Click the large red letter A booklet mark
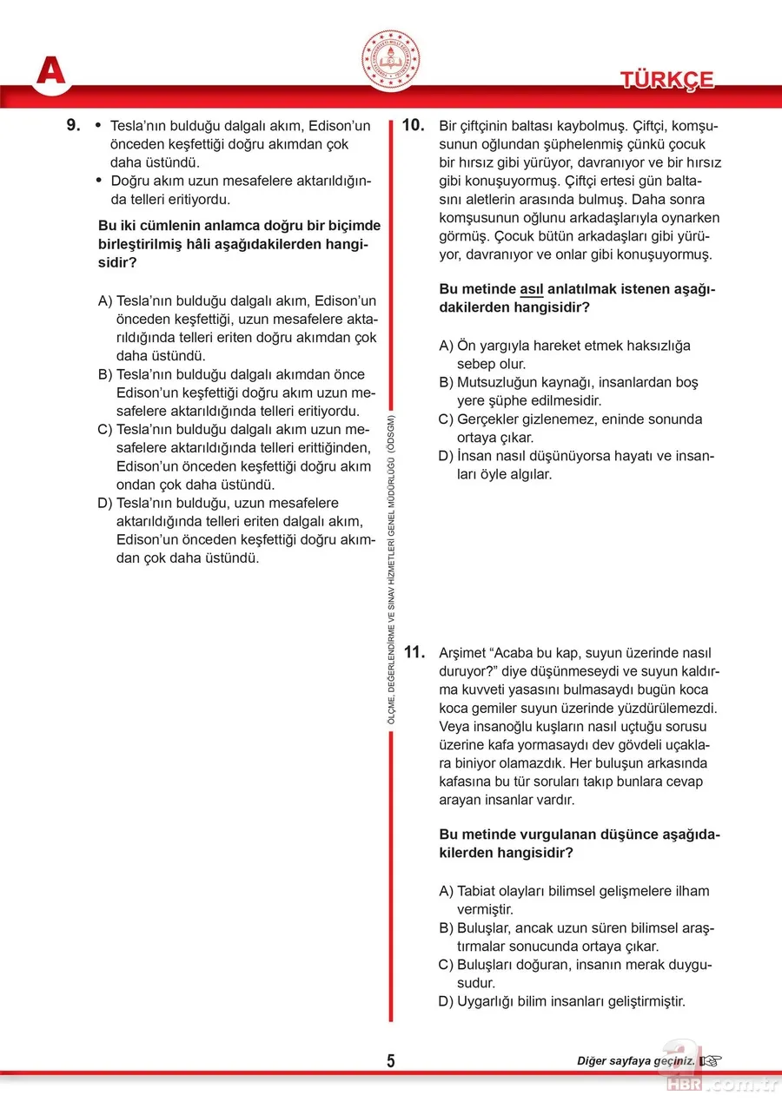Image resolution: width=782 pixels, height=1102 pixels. coord(50,70)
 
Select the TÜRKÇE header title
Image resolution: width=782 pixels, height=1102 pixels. coord(666,80)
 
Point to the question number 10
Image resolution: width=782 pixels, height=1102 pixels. coord(412,125)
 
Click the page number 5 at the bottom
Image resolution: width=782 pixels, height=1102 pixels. coord(391,1061)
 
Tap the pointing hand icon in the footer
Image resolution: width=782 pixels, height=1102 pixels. coord(712,1061)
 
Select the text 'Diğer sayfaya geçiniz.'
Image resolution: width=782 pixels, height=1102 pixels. coord(635,1061)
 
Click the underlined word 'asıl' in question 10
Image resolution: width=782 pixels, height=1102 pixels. coord(531,289)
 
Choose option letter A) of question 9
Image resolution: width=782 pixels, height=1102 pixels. coord(105,300)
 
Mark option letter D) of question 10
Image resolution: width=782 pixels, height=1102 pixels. coord(447,456)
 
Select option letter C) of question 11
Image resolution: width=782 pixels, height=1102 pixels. coord(447,965)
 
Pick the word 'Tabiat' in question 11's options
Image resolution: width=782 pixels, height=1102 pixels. coord(477,891)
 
